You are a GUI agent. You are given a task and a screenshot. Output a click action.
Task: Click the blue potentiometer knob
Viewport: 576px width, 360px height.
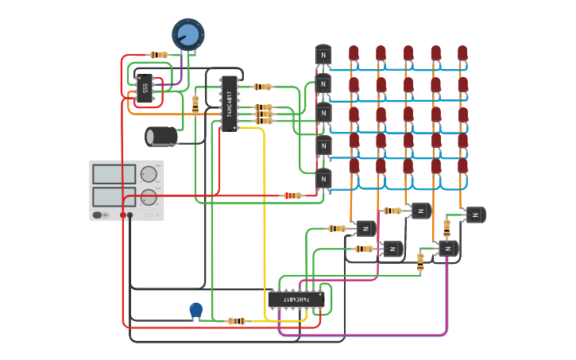(x=188, y=34)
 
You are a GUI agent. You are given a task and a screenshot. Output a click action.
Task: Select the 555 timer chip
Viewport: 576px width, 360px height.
(x=145, y=89)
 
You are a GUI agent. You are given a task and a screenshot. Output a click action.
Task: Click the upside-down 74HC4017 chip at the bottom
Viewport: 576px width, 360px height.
(x=296, y=299)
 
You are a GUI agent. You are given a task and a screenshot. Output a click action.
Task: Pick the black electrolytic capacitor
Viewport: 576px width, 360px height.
(x=162, y=136)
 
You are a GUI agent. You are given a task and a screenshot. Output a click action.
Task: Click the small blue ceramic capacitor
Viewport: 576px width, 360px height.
(x=195, y=309)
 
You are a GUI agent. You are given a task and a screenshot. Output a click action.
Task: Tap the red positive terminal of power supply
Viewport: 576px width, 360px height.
(x=123, y=215)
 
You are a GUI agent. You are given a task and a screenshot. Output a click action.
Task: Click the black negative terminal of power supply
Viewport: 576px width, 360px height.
(x=130, y=215)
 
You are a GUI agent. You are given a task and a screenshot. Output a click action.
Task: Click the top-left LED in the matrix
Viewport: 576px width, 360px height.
(x=354, y=53)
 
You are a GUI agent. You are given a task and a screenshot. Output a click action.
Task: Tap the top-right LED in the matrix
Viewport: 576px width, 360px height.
(x=462, y=53)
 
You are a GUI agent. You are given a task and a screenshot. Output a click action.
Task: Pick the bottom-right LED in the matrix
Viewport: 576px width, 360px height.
(x=462, y=166)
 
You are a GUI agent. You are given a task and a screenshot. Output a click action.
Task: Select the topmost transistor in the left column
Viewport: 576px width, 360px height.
(x=323, y=56)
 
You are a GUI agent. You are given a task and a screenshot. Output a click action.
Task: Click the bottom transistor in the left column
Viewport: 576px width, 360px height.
(x=323, y=180)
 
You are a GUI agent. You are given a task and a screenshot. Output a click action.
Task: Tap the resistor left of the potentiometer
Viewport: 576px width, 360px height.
(x=160, y=55)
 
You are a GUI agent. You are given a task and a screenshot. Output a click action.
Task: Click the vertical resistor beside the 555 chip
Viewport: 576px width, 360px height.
(x=195, y=103)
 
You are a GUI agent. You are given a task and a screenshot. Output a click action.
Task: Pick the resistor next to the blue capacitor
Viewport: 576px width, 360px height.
(x=236, y=321)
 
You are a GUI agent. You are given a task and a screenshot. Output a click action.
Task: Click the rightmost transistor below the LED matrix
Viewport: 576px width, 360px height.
(x=475, y=215)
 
